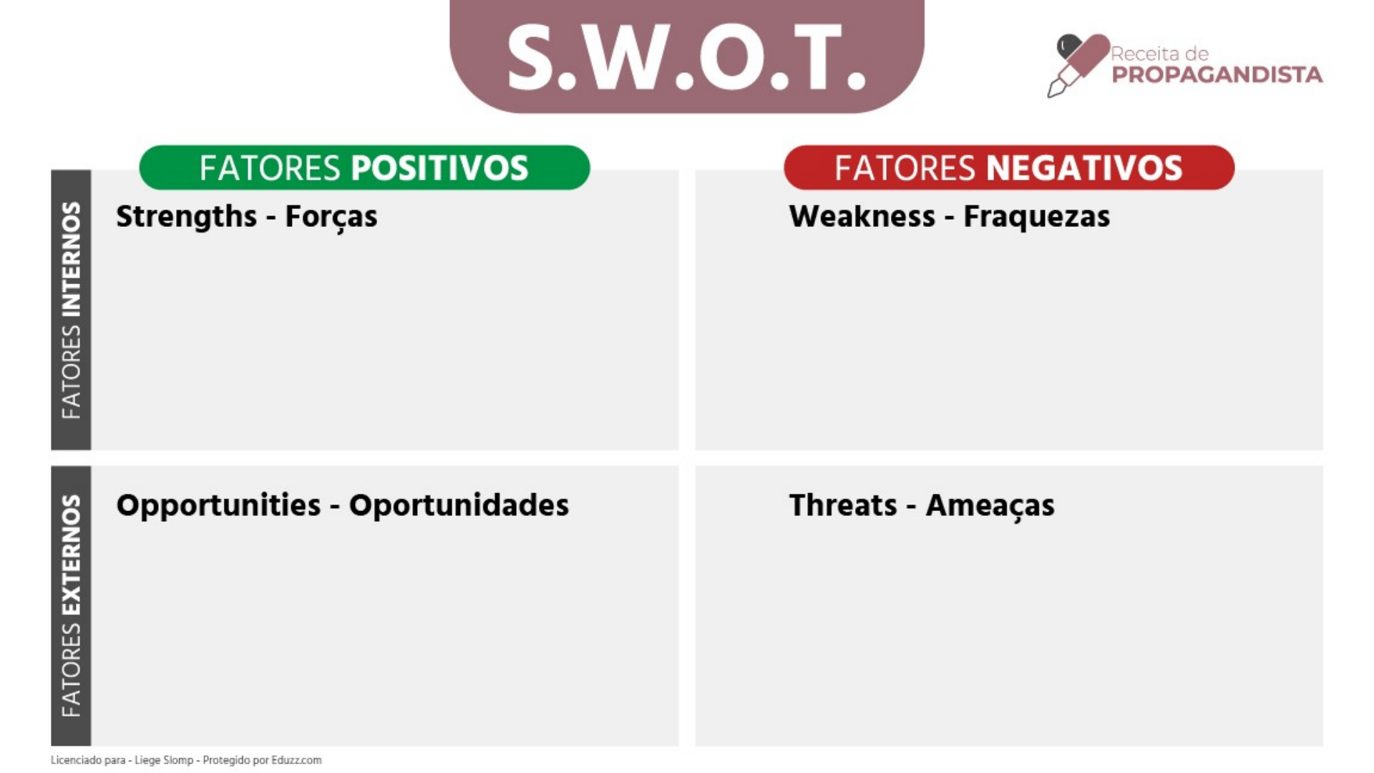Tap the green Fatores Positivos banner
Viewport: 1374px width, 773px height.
(x=364, y=167)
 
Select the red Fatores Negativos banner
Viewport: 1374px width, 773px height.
(x=1009, y=167)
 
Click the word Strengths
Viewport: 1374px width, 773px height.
(x=186, y=217)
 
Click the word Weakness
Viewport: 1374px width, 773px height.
(x=862, y=216)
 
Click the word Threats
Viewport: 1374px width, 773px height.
(x=842, y=505)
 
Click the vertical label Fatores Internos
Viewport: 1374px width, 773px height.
(x=71, y=310)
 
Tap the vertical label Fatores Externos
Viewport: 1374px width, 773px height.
(x=71, y=606)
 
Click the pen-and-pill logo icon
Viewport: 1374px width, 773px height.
(x=1077, y=64)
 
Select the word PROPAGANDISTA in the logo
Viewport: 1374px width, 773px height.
(x=1217, y=75)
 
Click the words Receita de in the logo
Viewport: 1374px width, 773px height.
(x=1159, y=54)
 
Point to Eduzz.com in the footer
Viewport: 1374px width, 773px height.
(x=296, y=760)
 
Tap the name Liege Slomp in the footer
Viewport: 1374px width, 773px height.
(x=164, y=760)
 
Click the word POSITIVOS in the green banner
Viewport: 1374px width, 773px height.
(x=439, y=168)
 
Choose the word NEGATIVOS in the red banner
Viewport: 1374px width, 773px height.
(x=1084, y=168)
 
